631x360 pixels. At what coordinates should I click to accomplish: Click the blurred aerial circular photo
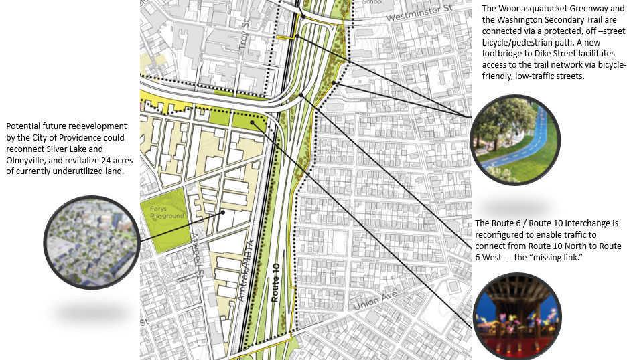[x=92, y=240]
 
